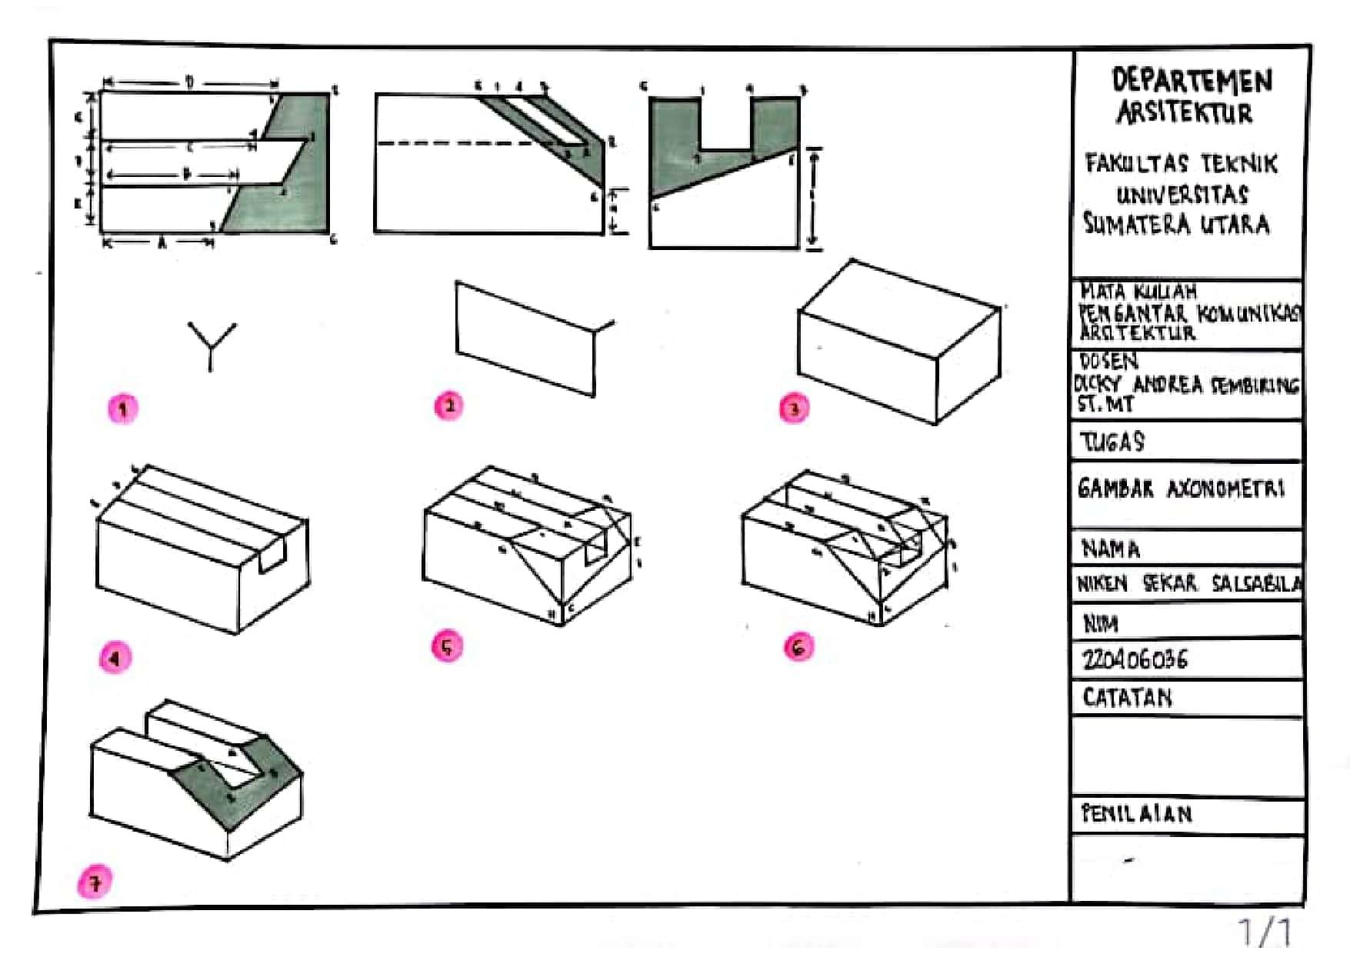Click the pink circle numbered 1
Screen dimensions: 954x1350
click(122, 409)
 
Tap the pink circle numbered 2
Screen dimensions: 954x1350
click(448, 405)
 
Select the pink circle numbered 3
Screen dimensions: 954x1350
click(794, 408)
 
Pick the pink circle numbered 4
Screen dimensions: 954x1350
click(115, 659)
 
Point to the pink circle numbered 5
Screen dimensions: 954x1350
click(447, 647)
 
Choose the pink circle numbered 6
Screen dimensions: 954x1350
click(798, 647)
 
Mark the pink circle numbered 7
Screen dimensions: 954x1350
click(94, 882)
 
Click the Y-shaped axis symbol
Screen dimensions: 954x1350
click(211, 345)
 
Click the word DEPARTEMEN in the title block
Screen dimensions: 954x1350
click(1192, 80)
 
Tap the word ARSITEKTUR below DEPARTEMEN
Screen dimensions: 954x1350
click(1185, 114)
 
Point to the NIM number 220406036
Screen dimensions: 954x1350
click(1135, 660)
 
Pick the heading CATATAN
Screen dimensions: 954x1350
click(1127, 698)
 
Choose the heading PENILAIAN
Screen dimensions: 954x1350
click(1136, 814)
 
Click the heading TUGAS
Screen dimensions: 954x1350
click(1112, 442)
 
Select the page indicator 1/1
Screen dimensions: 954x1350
click(1265, 932)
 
